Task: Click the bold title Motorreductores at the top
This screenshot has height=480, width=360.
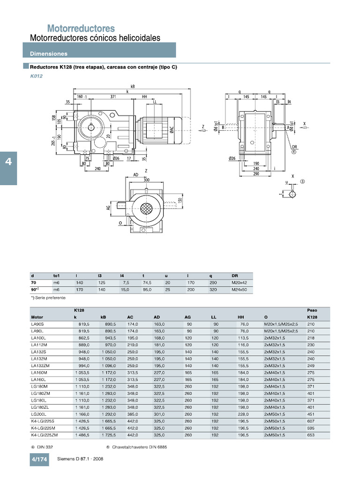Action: [x=81, y=29]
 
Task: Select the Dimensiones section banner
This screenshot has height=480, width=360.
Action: [x=49, y=54]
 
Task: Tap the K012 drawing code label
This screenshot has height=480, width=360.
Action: [x=36, y=76]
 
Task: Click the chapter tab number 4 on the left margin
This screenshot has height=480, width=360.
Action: [x=8, y=162]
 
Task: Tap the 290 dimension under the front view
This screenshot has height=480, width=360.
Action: [x=256, y=174]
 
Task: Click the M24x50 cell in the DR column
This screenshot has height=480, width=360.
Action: [x=239, y=290]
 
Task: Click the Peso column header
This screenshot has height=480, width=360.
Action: [x=312, y=310]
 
